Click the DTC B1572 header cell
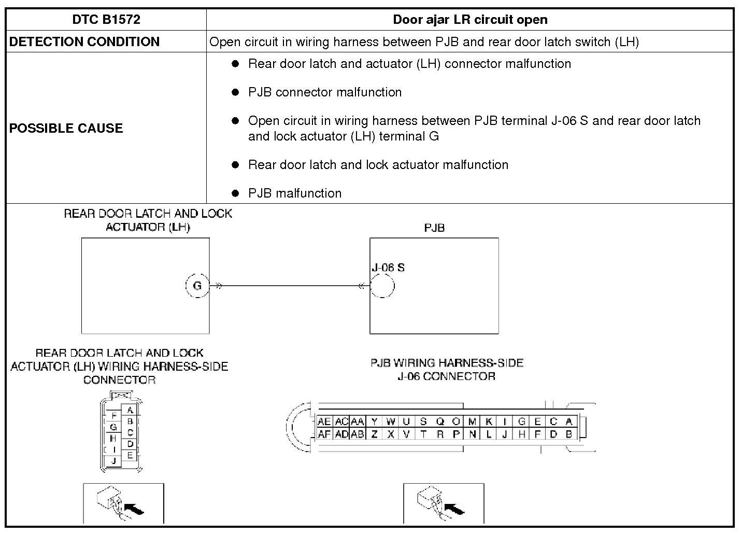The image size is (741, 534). tap(106, 20)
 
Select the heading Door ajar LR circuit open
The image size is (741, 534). tap(470, 20)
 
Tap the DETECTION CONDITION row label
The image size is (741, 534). tap(84, 42)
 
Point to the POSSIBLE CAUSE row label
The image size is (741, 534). tap(66, 128)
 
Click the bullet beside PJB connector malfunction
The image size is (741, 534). tap(236, 92)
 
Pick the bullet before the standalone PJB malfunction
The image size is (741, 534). tap(236, 193)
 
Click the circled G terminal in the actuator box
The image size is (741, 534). tap(197, 286)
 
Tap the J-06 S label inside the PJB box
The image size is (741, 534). tap(388, 268)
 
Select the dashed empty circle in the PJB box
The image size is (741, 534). tap(382, 286)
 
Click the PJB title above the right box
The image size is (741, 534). tap(434, 228)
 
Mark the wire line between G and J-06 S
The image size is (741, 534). tap(290, 286)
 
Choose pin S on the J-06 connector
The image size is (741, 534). tap(423, 422)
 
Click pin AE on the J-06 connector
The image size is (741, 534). tap(324, 422)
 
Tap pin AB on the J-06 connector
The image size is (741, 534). tap(357, 434)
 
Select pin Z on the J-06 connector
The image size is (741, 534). tap(374, 434)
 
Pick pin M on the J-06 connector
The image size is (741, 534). tap(472, 422)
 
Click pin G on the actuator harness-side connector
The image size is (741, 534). tap(113, 428)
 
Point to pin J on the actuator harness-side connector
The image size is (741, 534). tap(113, 460)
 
